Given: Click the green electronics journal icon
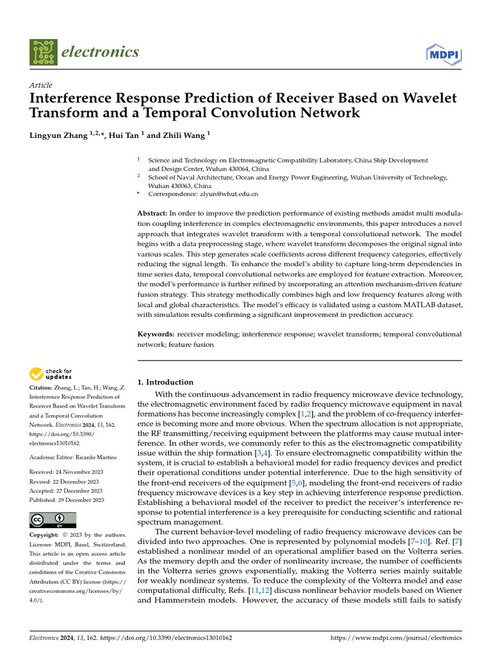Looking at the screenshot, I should point(42,53).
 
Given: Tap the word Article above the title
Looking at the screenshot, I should point(41,85).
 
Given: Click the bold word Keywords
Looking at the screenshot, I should point(156,334).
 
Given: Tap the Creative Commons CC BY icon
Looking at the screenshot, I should point(53,520).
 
